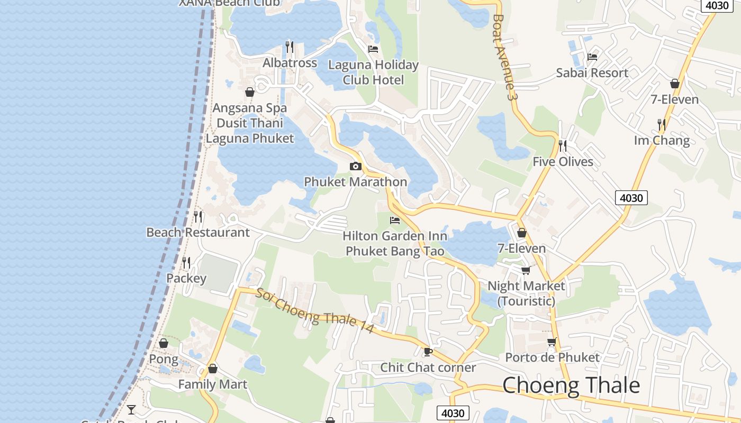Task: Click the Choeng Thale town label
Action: point(571,385)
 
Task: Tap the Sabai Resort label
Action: point(592,73)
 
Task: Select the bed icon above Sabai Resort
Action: point(592,57)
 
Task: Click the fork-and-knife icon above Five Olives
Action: point(562,145)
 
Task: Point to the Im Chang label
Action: point(662,141)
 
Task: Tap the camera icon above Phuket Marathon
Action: point(356,167)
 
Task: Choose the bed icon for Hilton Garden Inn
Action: point(394,220)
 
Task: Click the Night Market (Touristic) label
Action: point(526,293)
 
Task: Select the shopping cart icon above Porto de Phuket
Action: point(552,342)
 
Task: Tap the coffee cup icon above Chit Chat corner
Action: point(428,352)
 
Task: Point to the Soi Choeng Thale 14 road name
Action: point(315,311)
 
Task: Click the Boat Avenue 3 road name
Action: point(503,57)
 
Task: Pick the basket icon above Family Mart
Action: point(213,369)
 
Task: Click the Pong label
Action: point(164,360)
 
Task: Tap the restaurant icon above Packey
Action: point(186,262)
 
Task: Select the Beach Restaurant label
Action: point(198,233)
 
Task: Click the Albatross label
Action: point(290,63)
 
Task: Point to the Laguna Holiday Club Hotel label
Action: point(373,72)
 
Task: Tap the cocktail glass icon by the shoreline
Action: point(131,409)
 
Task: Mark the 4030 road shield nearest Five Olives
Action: point(631,198)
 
